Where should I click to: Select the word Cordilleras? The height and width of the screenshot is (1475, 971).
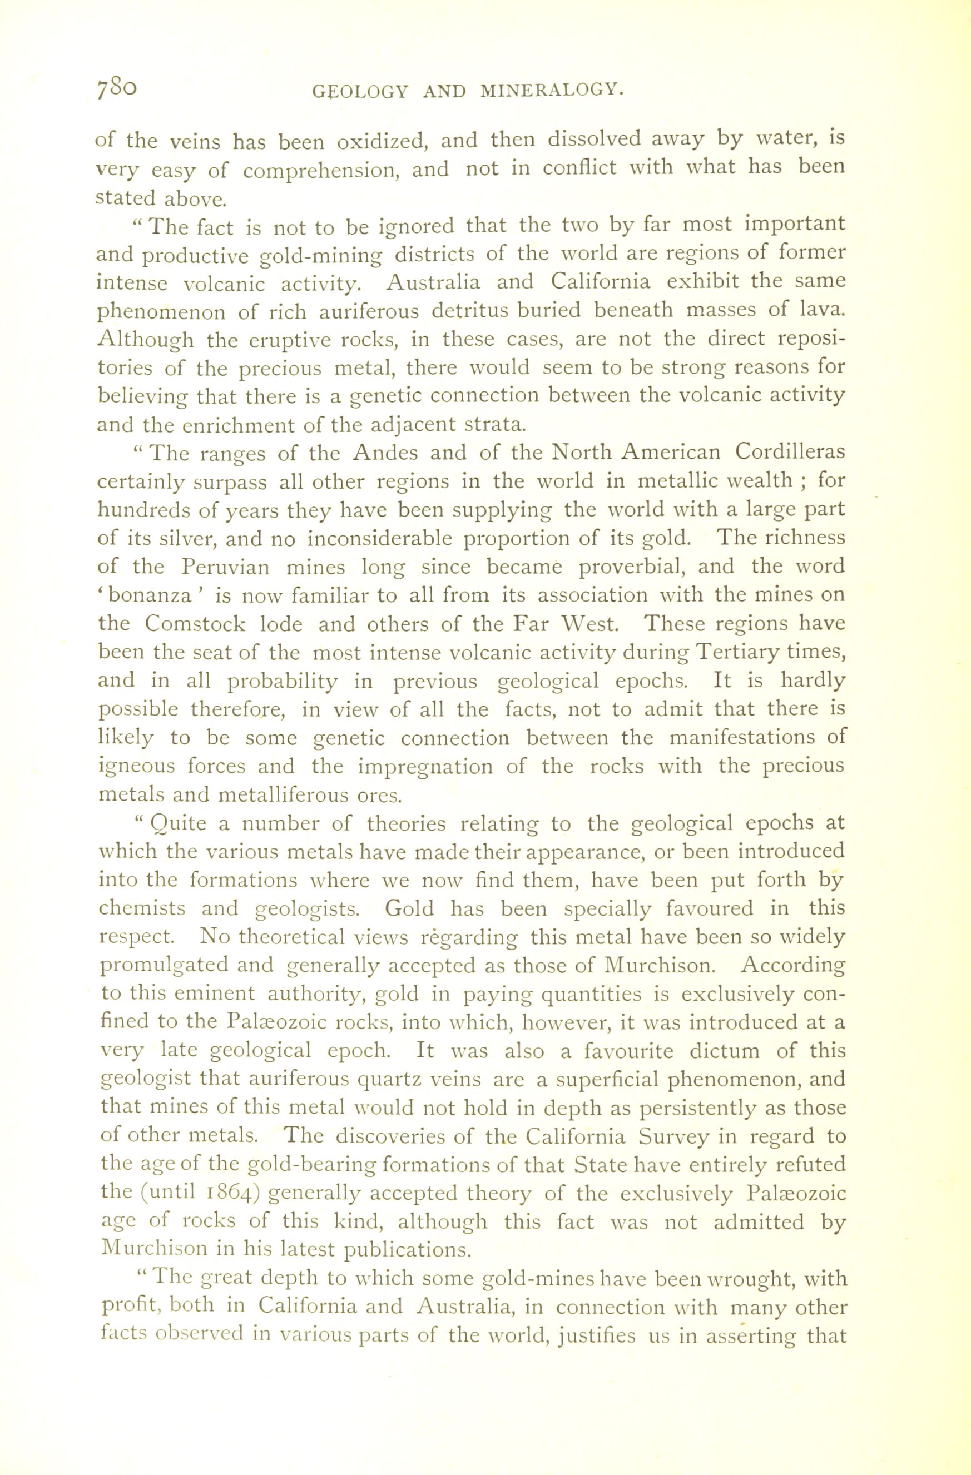(x=790, y=452)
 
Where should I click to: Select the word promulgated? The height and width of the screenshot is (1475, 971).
(x=186, y=965)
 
